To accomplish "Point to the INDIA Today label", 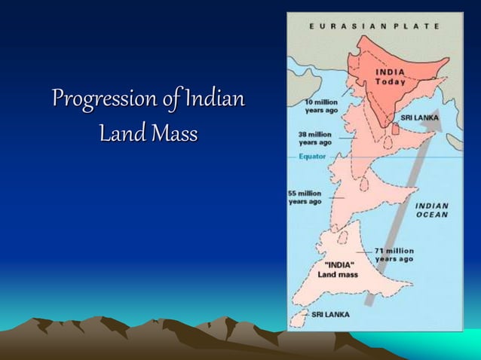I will click(391, 76).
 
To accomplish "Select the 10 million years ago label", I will click(321, 106).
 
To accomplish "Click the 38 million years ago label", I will click(315, 138).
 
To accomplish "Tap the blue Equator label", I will click(312, 157).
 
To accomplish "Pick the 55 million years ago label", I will click(305, 197).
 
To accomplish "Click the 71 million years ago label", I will click(394, 255).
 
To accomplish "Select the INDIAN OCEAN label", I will click(432, 209).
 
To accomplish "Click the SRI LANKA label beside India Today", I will click(419, 118).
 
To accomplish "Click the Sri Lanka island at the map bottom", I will click(300, 318).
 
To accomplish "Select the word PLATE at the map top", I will click(419, 26).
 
